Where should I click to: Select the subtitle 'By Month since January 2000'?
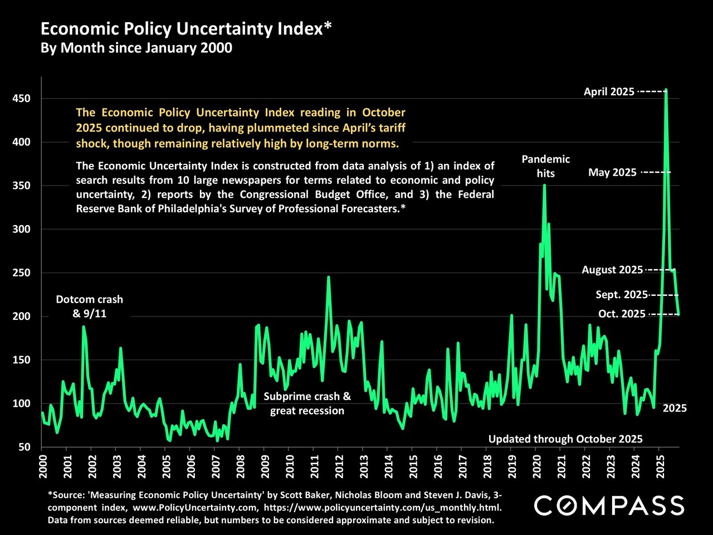click(136, 48)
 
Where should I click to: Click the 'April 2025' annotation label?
click(609, 92)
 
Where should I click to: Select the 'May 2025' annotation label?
click(612, 173)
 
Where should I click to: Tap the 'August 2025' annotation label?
click(612, 270)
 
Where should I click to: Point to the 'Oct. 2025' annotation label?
click(622, 314)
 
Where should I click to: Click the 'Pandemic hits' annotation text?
click(545, 166)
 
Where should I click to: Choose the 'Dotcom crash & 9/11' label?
click(89, 307)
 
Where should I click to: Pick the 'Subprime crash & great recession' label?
click(307, 404)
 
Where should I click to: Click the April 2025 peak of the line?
click(666, 90)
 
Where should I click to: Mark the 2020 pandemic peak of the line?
click(544, 185)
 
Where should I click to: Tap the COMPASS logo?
click(608, 506)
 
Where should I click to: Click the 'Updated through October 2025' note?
click(565, 439)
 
